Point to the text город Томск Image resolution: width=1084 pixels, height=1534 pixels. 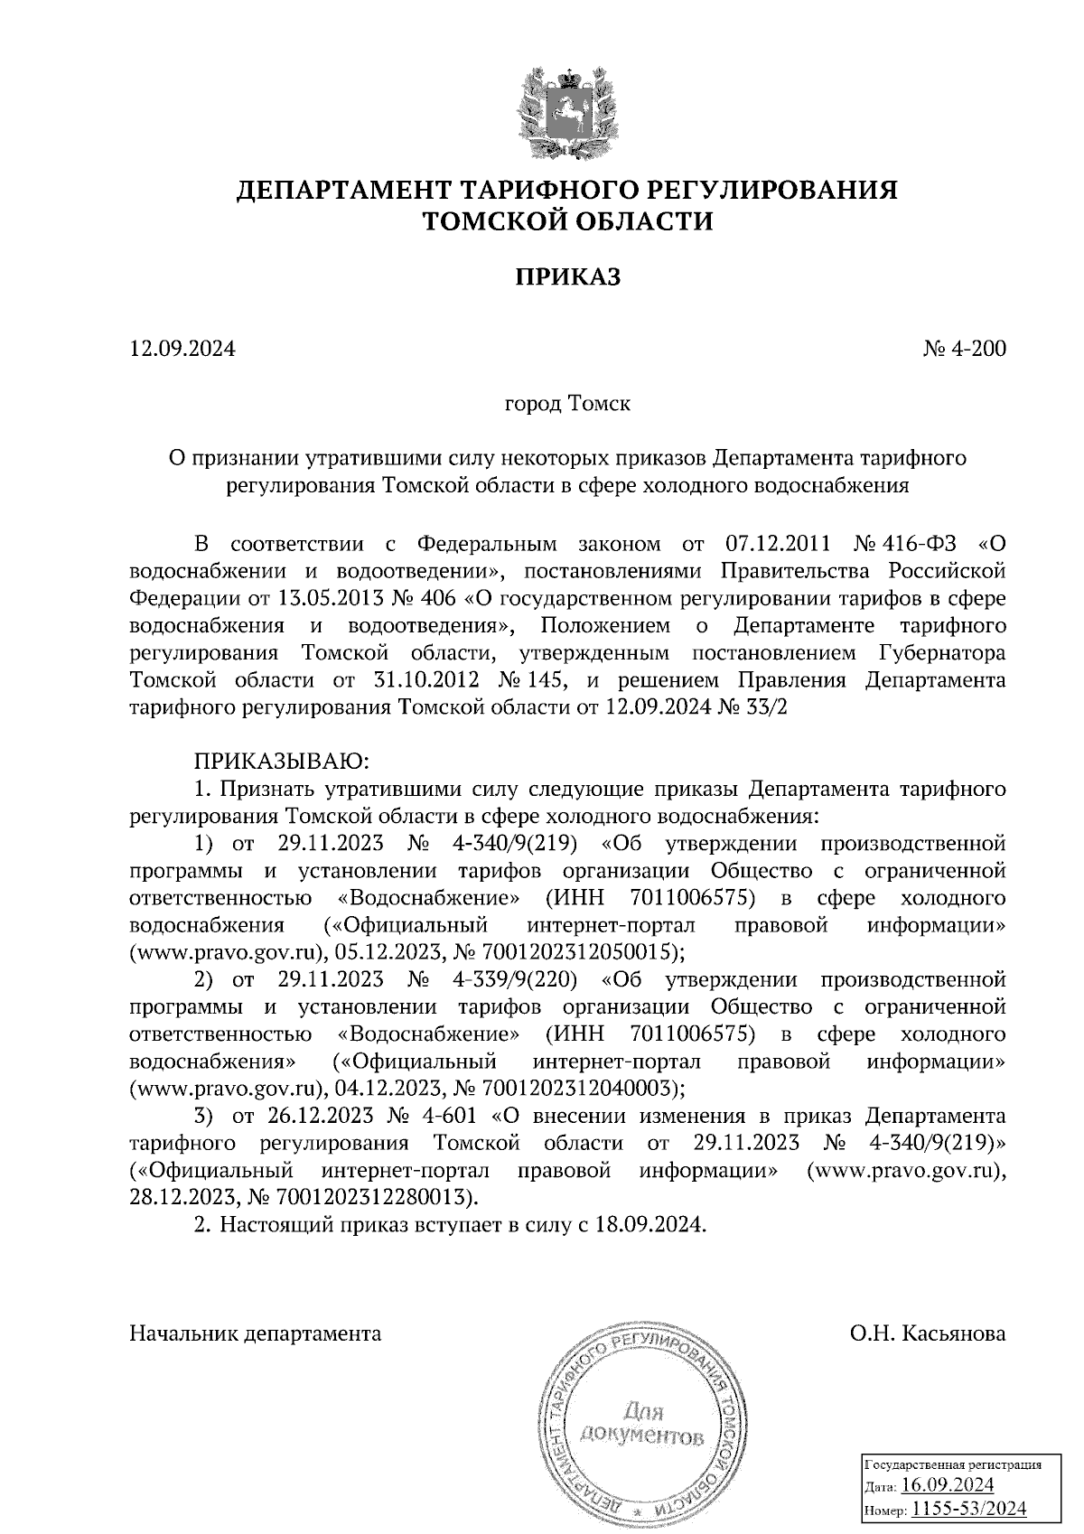pyautogui.click(x=567, y=403)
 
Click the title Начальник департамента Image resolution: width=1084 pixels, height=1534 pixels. pyautogui.click(x=256, y=1333)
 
